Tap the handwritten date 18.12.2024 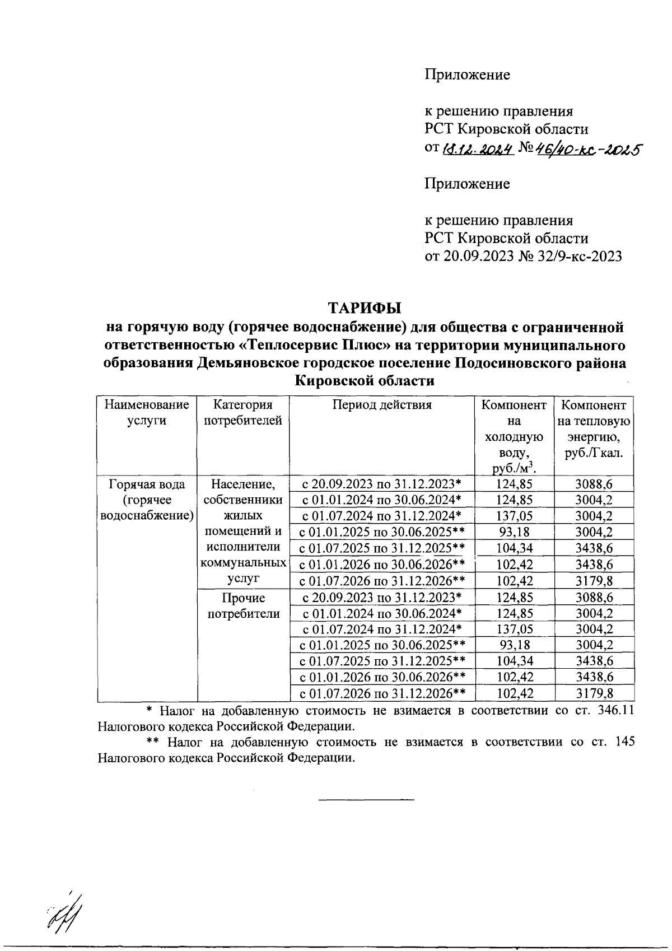[478, 150]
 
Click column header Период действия [382, 405]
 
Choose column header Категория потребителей [243, 413]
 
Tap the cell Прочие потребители [243, 606]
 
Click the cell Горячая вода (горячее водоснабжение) [147, 500]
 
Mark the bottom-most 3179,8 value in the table [594, 693]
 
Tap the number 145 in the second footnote [624, 742]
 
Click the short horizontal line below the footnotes [366, 799]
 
